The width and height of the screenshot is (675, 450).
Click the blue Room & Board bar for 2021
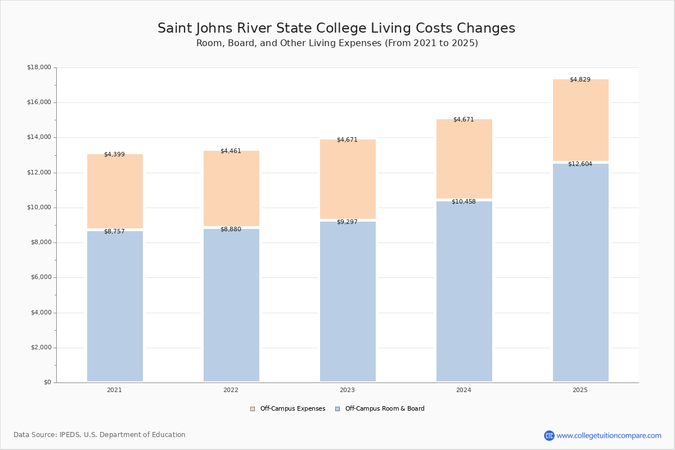(115, 306)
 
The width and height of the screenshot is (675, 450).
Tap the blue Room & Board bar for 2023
(348, 301)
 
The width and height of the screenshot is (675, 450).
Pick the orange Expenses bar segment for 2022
(231, 188)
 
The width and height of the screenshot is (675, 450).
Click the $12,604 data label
(580, 164)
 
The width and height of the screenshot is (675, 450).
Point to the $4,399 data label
(114, 155)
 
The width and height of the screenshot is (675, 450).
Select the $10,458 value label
(463, 202)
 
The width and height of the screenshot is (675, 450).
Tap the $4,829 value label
(580, 80)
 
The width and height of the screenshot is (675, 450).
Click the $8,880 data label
(231, 229)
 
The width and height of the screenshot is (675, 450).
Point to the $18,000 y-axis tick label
(39, 67)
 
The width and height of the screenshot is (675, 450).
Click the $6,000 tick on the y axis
(40, 277)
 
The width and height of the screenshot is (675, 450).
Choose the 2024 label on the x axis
(463, 390)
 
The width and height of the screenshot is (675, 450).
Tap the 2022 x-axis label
(231, 390)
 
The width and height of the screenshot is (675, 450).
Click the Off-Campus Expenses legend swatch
(253, 409)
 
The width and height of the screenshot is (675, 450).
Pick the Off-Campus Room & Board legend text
(385, 409)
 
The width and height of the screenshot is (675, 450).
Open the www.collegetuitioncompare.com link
(609, 435)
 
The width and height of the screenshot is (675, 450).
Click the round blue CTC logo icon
(549, 435)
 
